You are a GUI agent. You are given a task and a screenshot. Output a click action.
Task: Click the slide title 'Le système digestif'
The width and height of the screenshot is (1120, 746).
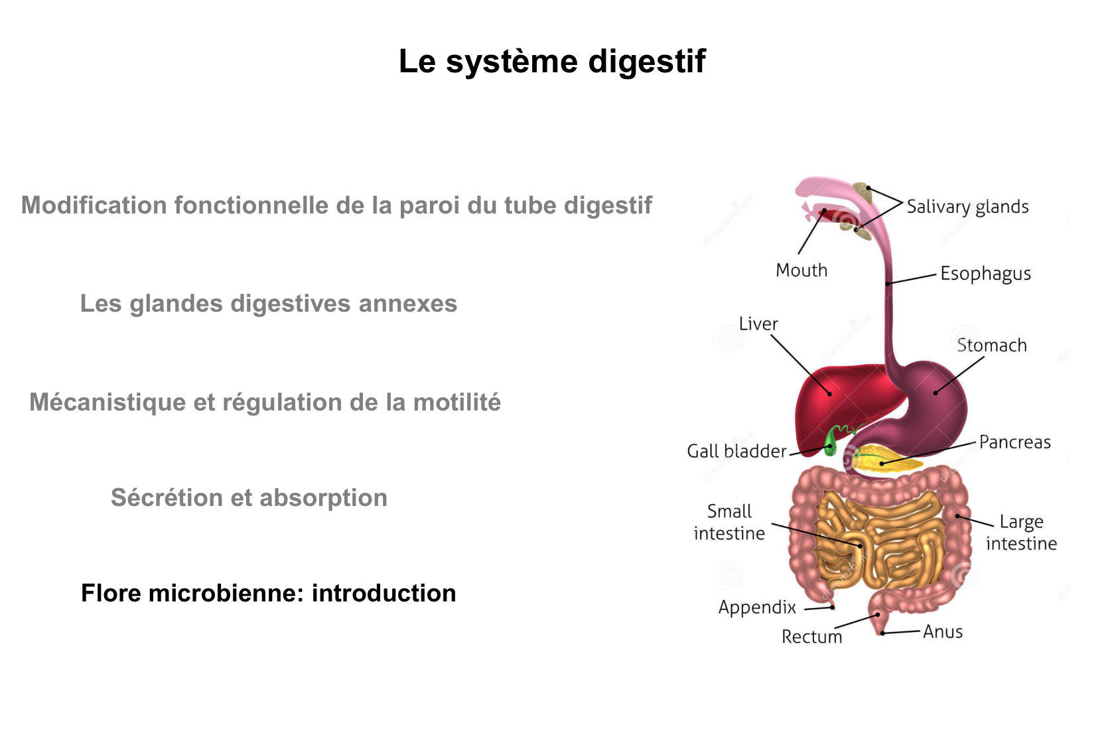pyautogui.click(x=552, y=62)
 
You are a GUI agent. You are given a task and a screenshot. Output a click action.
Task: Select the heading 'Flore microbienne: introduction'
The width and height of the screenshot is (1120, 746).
pyautogui.click(x=268, y=593)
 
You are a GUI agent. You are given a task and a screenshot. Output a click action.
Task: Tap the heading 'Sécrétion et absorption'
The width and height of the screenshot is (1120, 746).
pyautogui.click(x=249, y=497)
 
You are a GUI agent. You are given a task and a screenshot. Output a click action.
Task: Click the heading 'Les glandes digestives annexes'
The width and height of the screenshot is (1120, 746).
pyautogui.click(x=268, y=303)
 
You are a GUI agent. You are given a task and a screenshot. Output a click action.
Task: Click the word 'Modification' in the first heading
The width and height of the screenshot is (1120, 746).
pyautogui.click(x=94, y=206)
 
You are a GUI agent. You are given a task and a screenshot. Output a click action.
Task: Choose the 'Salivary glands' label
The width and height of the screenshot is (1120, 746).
pyautogui.click(x=967, y=207)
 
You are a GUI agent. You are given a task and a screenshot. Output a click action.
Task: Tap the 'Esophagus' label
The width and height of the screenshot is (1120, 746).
pyautogui.click(x=985, y=274)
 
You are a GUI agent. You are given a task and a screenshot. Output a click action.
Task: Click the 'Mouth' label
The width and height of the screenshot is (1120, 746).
pyautogui.click(x=802, y=271)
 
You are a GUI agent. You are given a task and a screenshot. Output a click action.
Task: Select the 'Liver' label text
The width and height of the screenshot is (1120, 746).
pyautogui.click(x=758, y=324)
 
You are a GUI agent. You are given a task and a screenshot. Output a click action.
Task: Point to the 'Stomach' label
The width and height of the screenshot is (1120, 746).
pyautogui.click(x=991, y=345)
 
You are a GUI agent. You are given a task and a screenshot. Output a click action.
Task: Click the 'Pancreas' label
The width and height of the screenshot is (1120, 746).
pyautogui.click(x=1015, y=442)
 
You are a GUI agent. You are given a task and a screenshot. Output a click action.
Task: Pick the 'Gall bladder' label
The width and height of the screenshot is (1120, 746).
pyautogui.click(x=736, y=452)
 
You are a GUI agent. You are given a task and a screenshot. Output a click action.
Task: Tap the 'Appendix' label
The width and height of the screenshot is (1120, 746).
pyautogui.click(x=757, y=607)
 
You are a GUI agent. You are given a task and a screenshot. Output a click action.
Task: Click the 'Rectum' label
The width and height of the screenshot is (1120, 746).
pyautogui.click(x=811, y=637)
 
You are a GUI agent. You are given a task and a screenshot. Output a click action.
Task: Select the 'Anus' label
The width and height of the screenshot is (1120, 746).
pyautogui.click(x=942, y=632)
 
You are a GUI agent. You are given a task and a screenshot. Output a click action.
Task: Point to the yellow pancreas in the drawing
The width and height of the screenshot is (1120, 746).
pyautogui.click(x=882, y=460)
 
